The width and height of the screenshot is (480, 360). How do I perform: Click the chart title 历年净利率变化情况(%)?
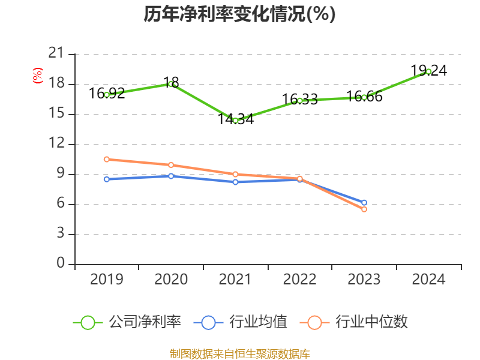pos(239,14)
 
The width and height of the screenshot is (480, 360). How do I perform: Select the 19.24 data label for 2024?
pos(429,70)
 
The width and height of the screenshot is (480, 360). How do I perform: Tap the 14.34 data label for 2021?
pos(235,119)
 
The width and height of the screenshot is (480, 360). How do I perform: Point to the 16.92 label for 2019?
pos(107,93)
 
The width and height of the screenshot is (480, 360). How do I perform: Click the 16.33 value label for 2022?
pos(300,99)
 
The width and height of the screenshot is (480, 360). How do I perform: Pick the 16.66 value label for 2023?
pos(364,97)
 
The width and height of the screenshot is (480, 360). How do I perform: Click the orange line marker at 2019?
pos(106,160)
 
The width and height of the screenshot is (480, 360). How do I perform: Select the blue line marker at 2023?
pos(364,203)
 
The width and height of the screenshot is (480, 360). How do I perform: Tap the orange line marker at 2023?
pos(364,209)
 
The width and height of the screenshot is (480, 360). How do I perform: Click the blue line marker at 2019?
pos(106,179)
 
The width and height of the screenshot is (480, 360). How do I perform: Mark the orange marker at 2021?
pos(235,174)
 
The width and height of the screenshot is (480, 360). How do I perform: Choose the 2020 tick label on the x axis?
pos(171,280)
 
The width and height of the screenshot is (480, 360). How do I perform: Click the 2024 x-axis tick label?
pos(428,280)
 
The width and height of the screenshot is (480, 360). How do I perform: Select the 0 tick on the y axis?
pos(61,264)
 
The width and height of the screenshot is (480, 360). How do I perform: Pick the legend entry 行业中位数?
pos(358,322)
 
